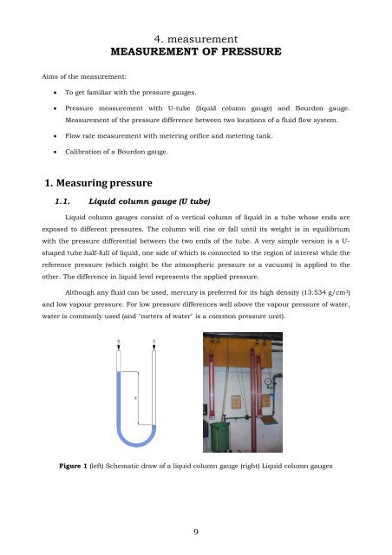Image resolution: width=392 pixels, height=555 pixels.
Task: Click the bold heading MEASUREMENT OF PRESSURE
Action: tap(196, 53)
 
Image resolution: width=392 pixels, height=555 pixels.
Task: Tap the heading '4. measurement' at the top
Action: tap(196, 39)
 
